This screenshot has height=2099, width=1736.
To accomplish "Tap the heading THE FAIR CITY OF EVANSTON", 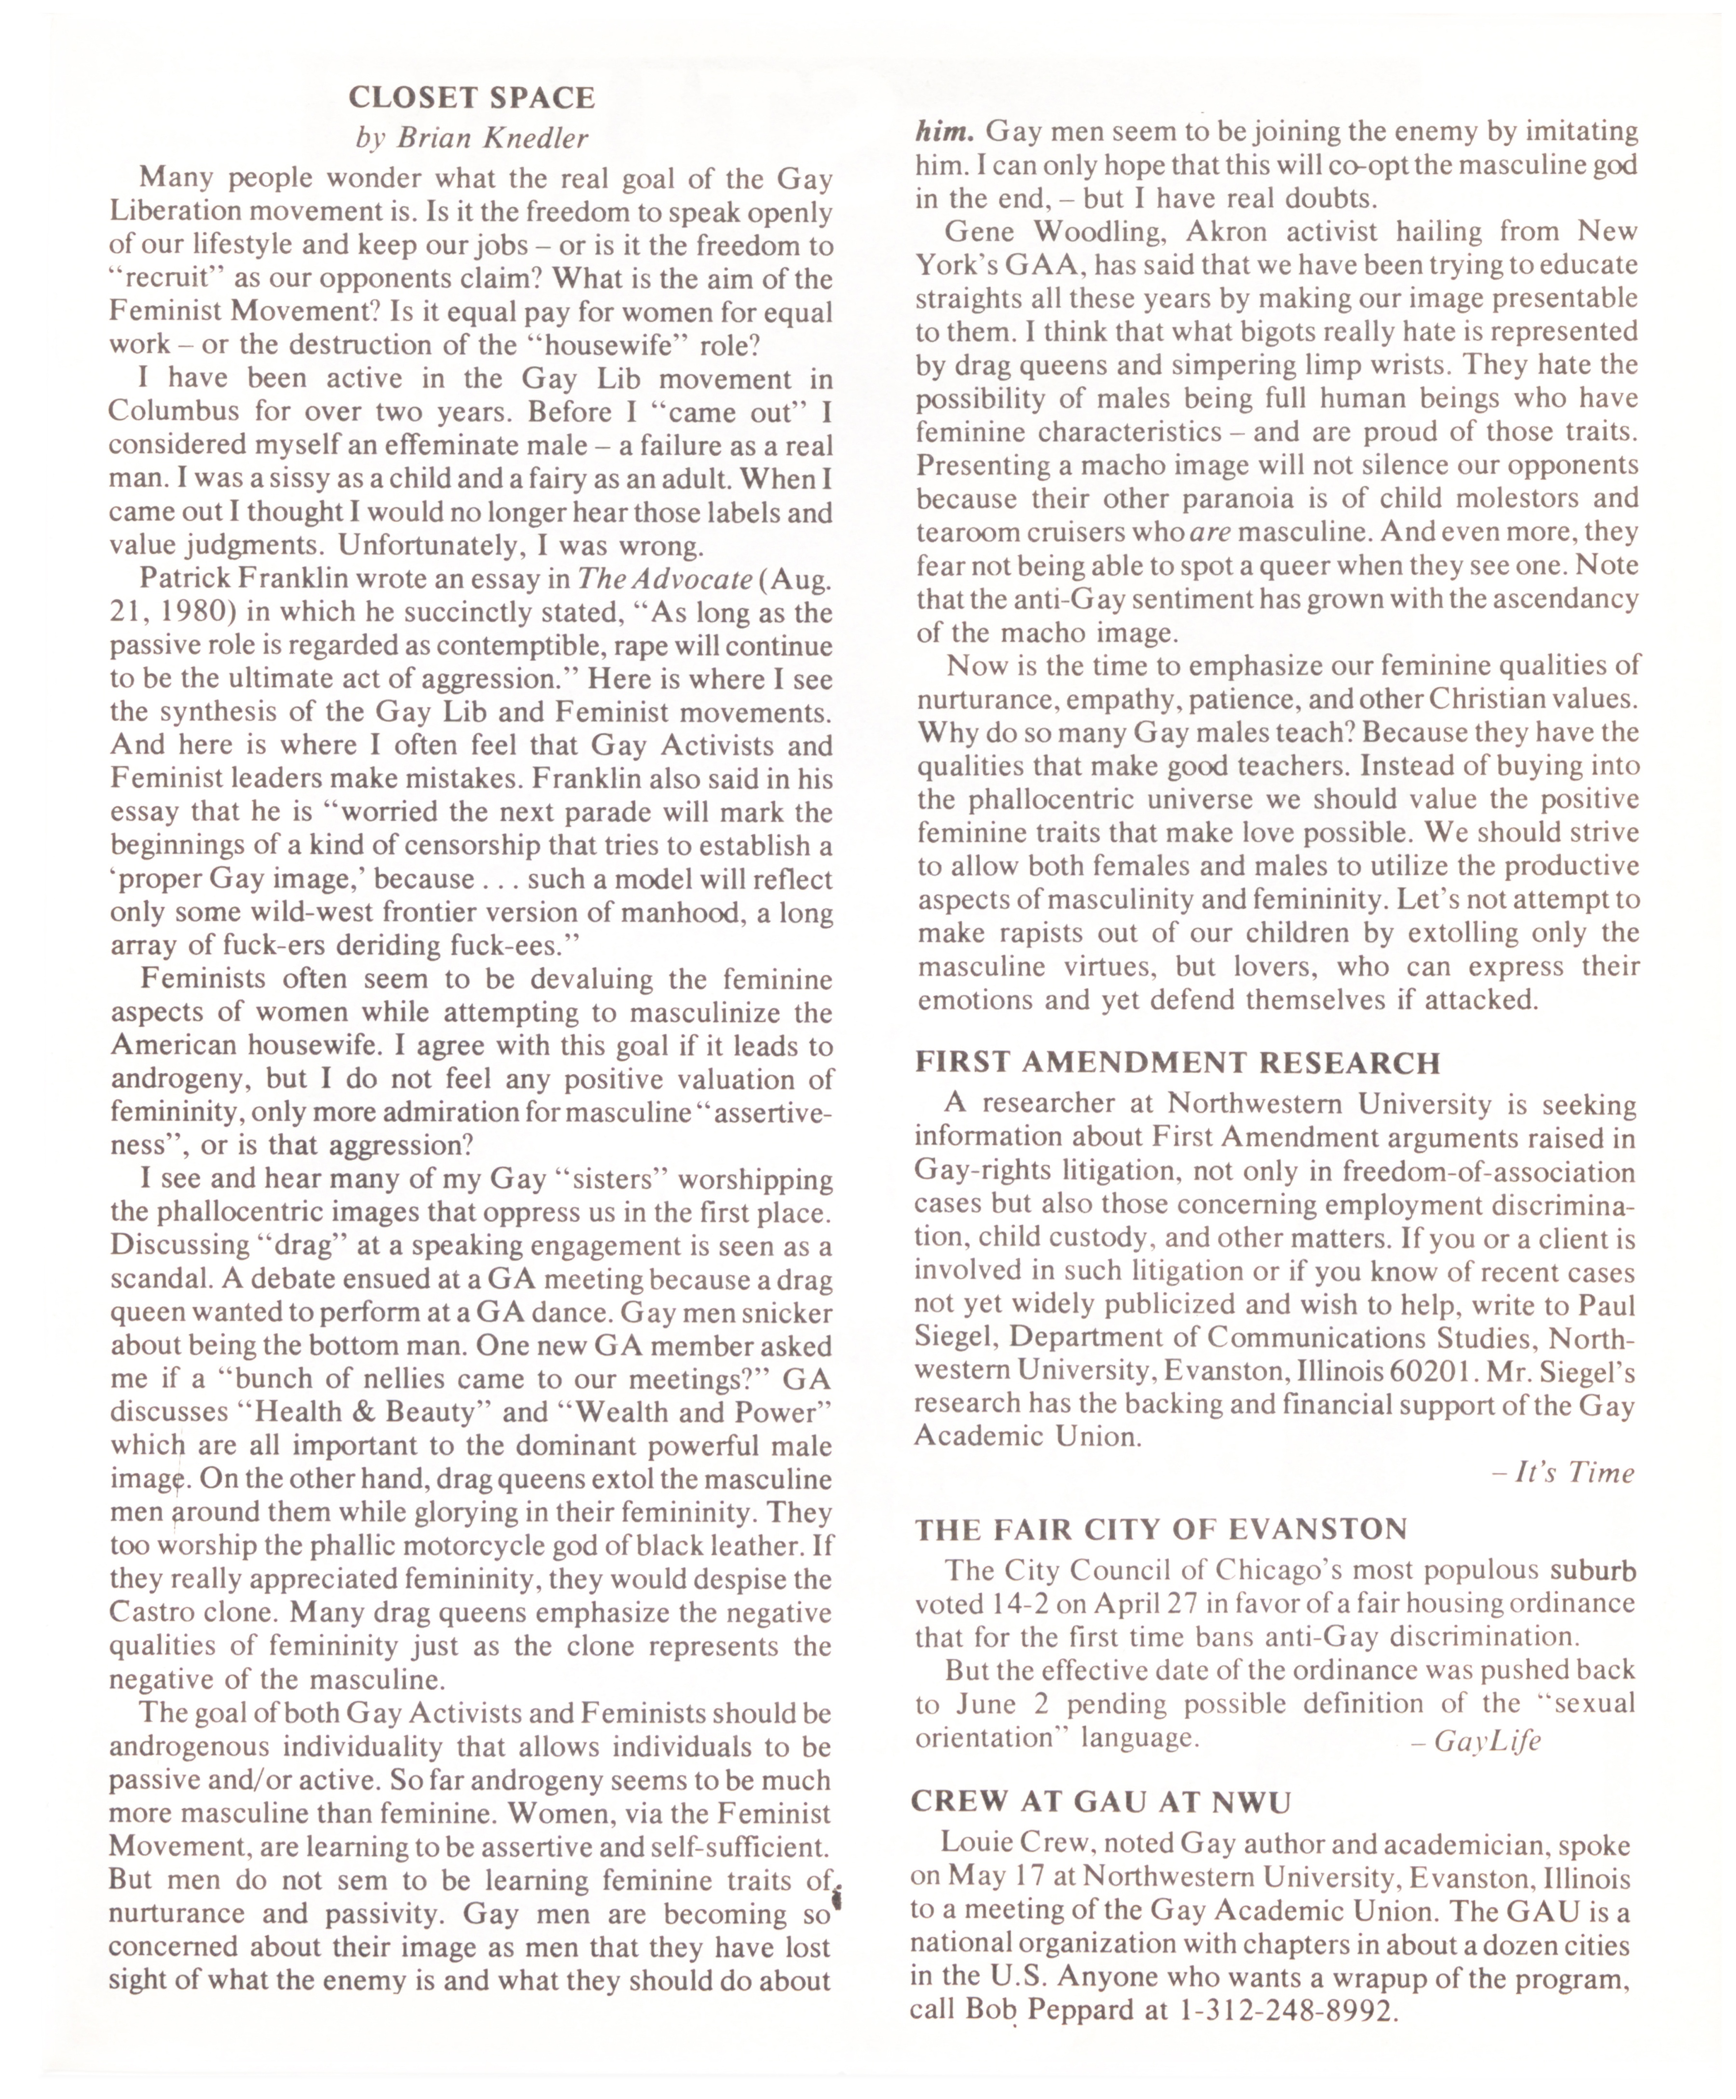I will [x=1161, y=1529].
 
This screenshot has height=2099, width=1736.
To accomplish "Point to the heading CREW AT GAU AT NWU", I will [x=1101, y=1801].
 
